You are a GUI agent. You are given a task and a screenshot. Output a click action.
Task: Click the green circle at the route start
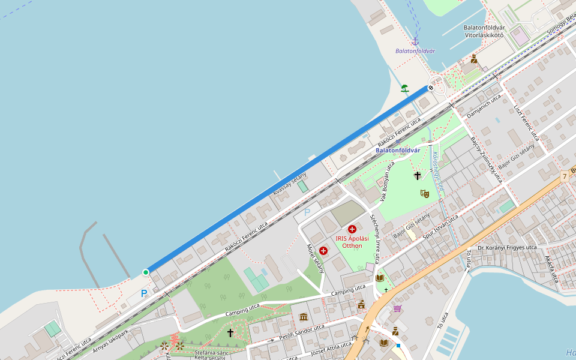[146, 272]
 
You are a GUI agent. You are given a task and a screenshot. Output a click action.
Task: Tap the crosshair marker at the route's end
[431, 88]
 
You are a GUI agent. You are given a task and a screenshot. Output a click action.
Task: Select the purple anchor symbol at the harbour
[415, 41]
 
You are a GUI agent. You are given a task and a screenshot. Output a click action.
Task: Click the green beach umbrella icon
[405, 88]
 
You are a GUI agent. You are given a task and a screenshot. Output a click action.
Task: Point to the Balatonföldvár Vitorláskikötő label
[484, 31]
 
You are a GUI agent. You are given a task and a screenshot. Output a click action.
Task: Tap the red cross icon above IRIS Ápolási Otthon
[352, 229]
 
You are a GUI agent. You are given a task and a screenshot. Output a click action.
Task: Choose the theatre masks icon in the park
[424, 193]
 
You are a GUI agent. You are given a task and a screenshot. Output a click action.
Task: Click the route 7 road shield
[565, 176]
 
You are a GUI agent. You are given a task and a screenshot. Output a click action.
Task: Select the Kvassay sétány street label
[290, 183]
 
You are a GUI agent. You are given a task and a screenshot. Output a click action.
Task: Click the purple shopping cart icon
[397, 308]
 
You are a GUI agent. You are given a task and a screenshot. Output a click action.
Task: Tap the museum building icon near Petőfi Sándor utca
[304, 317]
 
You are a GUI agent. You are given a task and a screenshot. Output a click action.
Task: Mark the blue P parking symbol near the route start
[143, 293]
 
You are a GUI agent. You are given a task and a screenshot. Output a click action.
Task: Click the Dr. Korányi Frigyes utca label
[507, 247]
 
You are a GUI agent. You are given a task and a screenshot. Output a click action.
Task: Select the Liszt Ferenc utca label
[526, 123]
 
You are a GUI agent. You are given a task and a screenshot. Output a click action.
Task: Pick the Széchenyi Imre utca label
[374, 238]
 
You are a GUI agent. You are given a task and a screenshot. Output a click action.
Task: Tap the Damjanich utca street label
[483, 106]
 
